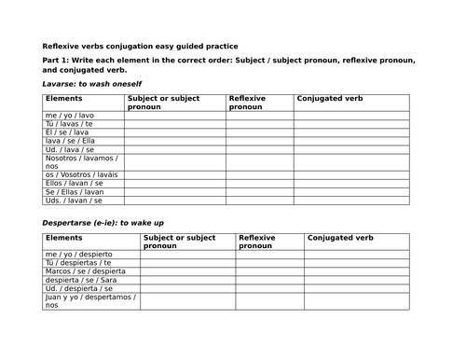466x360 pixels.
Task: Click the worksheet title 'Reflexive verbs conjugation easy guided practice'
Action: coord(141,46)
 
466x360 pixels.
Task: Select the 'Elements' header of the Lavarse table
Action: coord(62,97)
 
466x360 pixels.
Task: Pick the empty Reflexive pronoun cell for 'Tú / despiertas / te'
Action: coord(269,262)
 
